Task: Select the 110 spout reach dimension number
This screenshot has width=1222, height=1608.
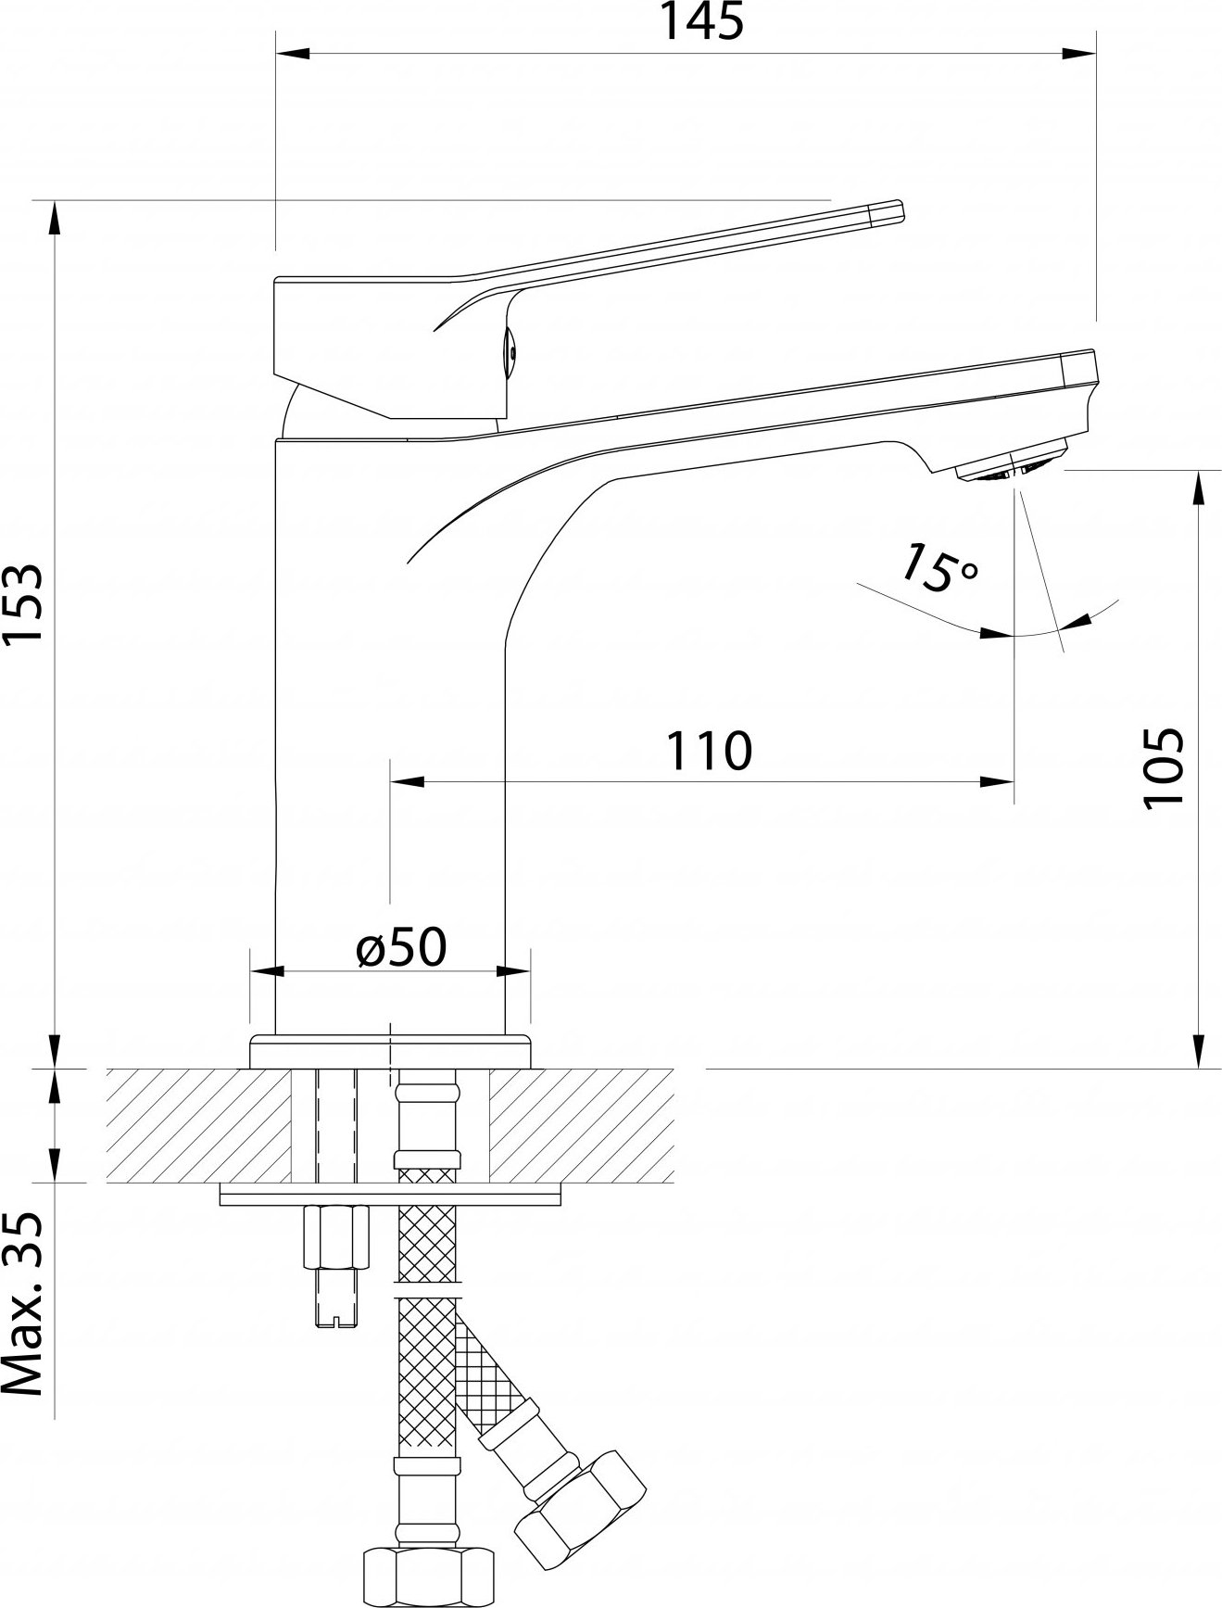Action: pyautogui.click(x=710, y=750)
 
